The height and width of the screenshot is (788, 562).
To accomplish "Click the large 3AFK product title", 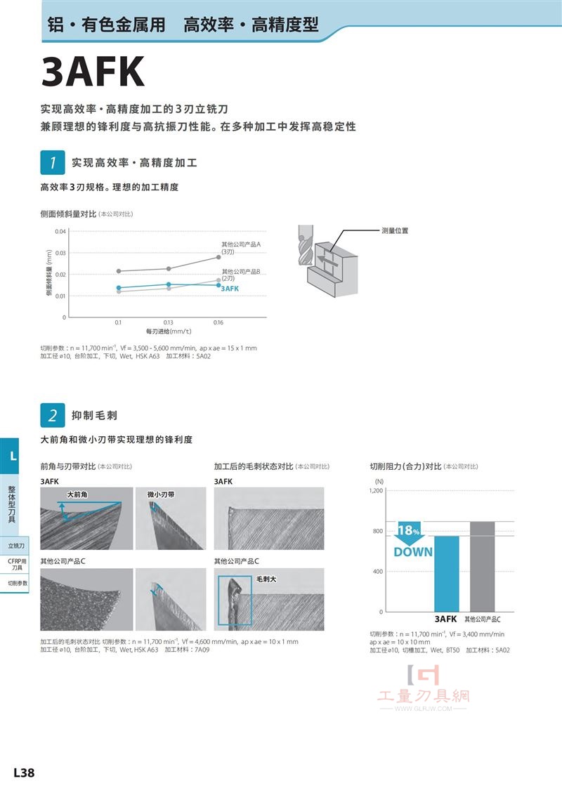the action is tap(93, 72).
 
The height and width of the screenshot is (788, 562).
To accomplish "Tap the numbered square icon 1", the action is tap(53, 162).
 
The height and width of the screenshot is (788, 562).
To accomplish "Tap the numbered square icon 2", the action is tap(53, 416).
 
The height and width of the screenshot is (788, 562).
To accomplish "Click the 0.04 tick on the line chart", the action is tap(60, 232).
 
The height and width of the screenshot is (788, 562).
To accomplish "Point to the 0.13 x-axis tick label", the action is tap(168, 322).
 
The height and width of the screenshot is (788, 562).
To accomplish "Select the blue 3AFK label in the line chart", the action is tap(230, 289).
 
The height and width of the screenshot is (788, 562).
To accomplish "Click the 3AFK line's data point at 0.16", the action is tap(218, 285).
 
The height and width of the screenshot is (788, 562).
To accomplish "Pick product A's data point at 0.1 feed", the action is tap(119, 271).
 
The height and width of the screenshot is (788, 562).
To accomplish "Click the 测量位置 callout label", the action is tap(395, 230).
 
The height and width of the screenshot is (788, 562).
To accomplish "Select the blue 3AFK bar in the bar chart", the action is tap(446, 574).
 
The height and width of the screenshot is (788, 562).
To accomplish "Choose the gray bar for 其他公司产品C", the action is tap(482, 567).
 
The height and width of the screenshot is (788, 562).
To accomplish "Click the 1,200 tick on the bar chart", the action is tap(376, 490).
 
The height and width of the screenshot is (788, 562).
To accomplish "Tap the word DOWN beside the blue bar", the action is tap(413, 552).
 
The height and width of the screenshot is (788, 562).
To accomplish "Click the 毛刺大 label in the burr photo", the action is tap(266, 579).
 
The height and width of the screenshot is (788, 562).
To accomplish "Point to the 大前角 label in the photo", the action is tap(77, 494).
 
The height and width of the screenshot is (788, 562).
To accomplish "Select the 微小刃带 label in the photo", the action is tap(161, 494).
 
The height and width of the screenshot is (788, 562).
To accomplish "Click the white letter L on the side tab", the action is tap(13, 457).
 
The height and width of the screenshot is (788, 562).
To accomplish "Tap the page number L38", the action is tap(24, 773).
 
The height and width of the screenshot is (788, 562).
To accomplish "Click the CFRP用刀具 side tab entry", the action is tap(17, 565).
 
